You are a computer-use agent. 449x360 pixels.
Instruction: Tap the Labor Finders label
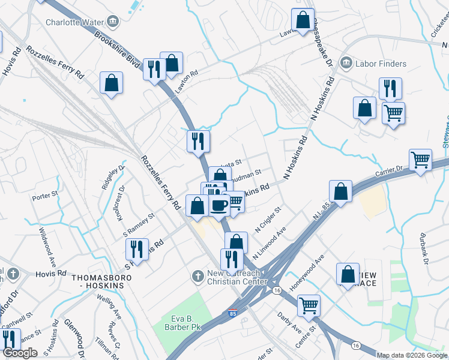pos(380,64)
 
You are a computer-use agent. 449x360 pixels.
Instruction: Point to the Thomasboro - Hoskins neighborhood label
pos(97,282)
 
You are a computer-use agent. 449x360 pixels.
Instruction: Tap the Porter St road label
pos(44,195)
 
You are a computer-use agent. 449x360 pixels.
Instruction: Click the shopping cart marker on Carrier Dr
pos(420,160)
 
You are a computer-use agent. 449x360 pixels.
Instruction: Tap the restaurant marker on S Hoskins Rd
pos(137,249)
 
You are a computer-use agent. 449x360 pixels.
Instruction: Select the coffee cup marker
pos(218,205)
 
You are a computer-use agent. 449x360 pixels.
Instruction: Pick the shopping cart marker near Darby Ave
pos(309,305)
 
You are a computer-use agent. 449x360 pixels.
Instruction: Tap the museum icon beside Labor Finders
pos(345,64)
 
